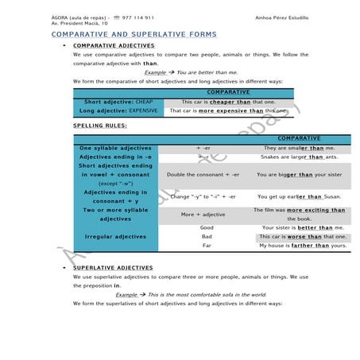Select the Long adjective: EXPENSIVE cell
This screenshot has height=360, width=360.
[119, 111]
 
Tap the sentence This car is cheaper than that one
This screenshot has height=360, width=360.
[228, 103]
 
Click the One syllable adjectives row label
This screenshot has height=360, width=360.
[115, 148]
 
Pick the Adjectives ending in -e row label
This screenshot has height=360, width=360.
[115, 157]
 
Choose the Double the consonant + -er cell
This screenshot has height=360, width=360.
[203, 174]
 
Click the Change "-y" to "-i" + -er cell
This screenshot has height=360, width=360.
[203, 196]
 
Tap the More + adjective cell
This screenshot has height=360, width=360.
[203, 215]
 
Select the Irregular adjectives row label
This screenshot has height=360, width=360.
[115, 237]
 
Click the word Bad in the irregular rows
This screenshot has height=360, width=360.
[207, 237]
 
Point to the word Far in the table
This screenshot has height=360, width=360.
[207, 246]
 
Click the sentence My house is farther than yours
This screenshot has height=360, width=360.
[304, 246]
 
